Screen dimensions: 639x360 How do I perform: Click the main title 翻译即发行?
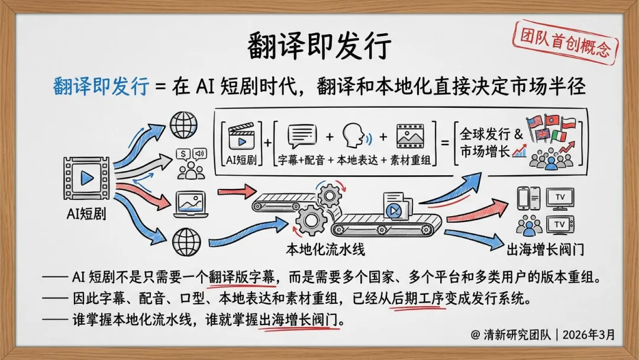point(319,46)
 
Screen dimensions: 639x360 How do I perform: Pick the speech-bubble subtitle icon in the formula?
point(302,137)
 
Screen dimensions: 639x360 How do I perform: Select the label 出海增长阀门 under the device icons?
point(546,249)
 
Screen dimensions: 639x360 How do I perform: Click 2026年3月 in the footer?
point(589,335)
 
